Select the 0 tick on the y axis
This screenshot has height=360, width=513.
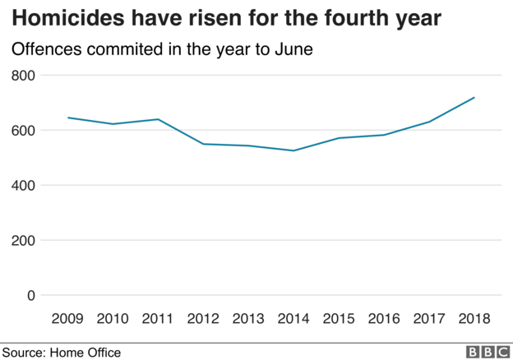pos(31,296)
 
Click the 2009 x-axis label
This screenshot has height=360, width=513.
pos(67,318)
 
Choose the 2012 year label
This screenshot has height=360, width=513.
pos(203,318)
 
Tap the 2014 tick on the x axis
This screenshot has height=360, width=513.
pos(293,318)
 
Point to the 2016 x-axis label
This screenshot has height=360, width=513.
pos(384,318)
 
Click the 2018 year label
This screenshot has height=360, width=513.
pos(474,318)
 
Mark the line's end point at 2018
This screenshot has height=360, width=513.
pos(474,98)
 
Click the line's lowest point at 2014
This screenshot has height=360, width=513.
pos(293,150)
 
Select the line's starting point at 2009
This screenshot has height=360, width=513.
pos(67,118)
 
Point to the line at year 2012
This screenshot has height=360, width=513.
pos(203,144)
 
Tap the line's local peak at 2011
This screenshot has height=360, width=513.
pos(158,119)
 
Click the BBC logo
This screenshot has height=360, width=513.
pos(486,352)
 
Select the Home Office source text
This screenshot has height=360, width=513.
pos(85,353)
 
